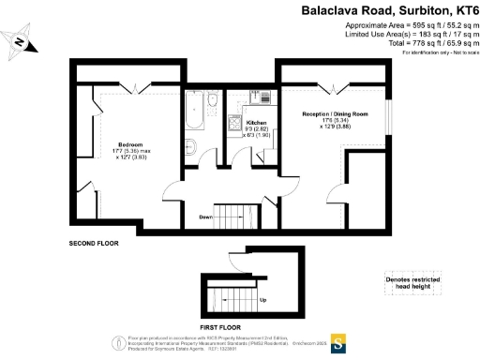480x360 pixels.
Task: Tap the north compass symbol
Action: (20, 41)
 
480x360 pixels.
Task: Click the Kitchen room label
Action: (255, 123)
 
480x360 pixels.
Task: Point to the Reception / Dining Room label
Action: (334, 113)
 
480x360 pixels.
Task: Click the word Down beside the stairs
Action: (206, 217)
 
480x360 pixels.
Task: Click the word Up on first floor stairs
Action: (262, 300)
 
